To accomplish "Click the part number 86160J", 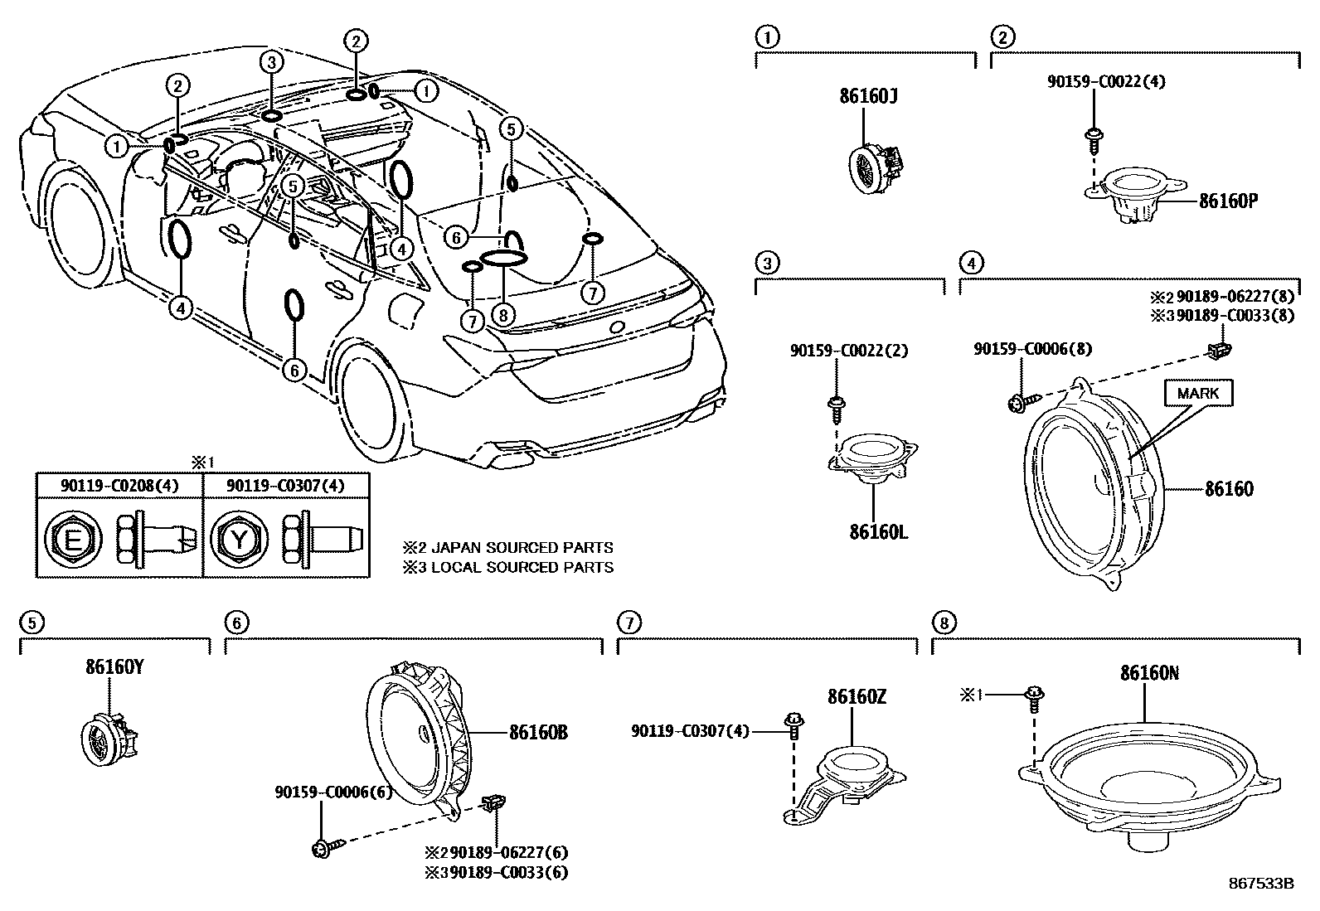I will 869,97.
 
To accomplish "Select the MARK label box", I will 1197,393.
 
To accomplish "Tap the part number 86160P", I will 1228,200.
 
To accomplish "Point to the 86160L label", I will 878,531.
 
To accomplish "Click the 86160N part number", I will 1149,673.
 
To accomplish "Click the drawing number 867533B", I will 1261,884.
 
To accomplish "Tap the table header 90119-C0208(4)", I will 119,485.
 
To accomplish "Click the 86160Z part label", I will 856,697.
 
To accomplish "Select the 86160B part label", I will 538,733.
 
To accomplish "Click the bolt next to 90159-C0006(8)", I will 1017,404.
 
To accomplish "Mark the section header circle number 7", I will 629,622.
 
